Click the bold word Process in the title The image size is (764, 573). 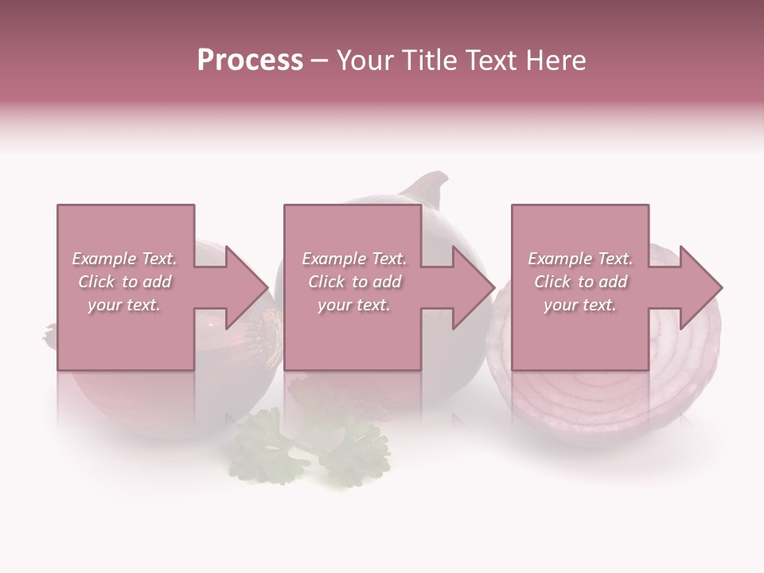250,60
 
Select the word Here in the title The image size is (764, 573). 555,60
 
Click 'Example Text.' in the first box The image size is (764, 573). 124,259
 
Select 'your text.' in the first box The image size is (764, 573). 124,305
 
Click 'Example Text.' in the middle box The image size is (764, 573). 354,259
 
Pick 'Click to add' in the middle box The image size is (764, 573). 354,282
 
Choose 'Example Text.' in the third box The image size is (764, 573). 580,259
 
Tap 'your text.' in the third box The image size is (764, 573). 580,305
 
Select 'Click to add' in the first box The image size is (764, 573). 124,282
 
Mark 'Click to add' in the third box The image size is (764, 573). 580,282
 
